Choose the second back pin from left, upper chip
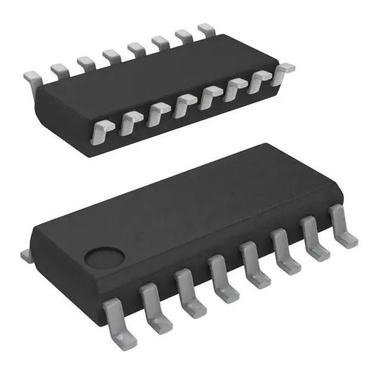point(58,70)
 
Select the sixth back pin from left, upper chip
point(161,42)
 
